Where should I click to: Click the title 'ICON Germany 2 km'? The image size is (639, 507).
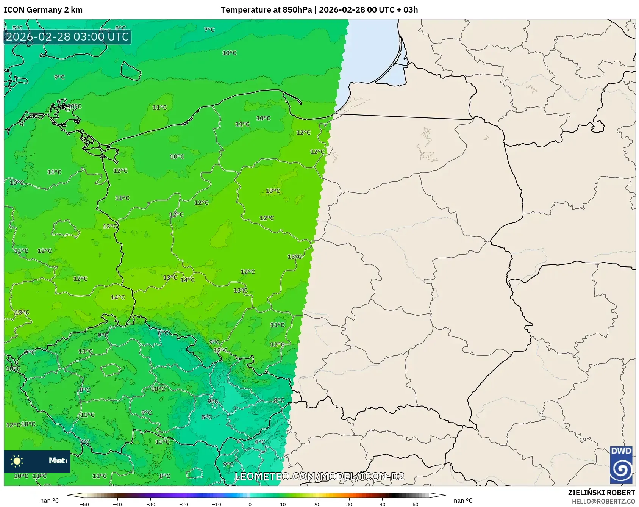pyautogui.click(x=43, y=10)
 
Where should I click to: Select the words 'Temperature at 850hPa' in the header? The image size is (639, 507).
pyautogui.click(x=266, y=10)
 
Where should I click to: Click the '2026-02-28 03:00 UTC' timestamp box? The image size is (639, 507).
pyautogui.click(x=67, y=37)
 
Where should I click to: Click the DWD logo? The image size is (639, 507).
pyautogui.click(x=621, y=465)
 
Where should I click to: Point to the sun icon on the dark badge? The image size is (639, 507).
pyautogui.click(x=17, y=461)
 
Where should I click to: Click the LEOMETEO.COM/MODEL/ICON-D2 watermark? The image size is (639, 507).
pyautogui.click(x=319, y=476)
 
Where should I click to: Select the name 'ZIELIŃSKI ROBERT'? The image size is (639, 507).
pyautogui.click(x=601, y=493)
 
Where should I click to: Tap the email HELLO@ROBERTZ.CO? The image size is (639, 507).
pyautogui.click(x=603, y=501)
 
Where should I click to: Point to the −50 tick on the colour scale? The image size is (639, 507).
pyautogui.click(x=84, y=504)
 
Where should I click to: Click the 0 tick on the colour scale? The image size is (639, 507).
pyautogui.click(x=250, y=504)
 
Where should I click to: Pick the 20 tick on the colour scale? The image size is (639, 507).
pyautogui.click(x=316, y=504)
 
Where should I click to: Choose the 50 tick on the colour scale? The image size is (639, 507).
pyautogui.click(x=416, y=504)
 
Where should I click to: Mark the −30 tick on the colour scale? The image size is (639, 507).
pyautogui.click(x=151, y=504)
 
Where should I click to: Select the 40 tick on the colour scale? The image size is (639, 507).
pyautogui.click(x=382, y=504)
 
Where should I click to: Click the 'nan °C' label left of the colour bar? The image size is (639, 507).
pyautogui.click(x=50, y=501)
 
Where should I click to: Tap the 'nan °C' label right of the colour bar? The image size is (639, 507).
pyautogui.click(x=463, y=501)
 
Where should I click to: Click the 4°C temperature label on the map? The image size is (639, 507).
pyautogui.click(x=259, y=442)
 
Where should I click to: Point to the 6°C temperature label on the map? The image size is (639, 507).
pyautogui.click(x=163, y=333)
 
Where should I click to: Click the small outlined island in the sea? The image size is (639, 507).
pyautogui.click(x=131, y=71)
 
